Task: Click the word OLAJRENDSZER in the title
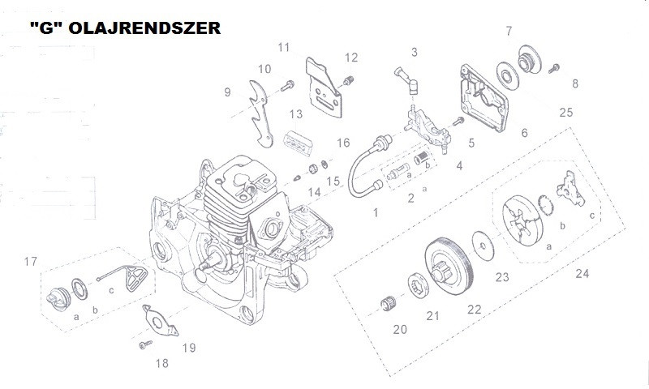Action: [144, 28]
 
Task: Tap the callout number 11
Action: [283, 47]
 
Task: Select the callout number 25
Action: [565, 112]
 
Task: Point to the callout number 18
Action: [161, 363]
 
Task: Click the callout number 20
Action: [400, 329]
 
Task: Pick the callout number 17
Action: [31, 261]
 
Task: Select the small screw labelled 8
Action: [554, 68]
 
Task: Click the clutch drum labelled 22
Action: [449, 267]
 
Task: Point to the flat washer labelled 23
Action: [483, 246]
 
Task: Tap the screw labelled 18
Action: [145, 344]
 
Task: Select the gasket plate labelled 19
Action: [160, 321]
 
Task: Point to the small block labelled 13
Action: [298, 143]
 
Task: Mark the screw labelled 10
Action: [287, 86]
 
